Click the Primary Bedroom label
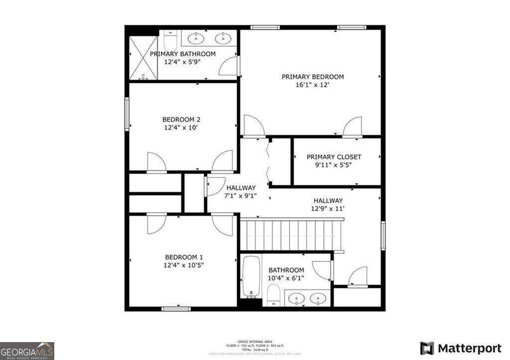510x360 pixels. (313, 77)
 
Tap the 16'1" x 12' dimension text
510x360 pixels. (313, 85)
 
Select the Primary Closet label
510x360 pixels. (334, 157)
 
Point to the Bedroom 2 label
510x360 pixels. (181, 120)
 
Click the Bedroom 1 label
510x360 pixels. (184, 257)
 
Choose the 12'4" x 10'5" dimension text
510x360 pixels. (184, 265)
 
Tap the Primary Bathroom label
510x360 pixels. (183, 54)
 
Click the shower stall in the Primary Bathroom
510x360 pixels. (143, 58)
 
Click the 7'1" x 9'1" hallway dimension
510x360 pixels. (241, 196)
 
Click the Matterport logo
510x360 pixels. (461, 348)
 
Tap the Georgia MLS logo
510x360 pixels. (27, 351)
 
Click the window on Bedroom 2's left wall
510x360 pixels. (127, 114)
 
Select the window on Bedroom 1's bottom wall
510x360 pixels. (176, 309)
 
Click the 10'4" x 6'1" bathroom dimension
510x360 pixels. (286, 278)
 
